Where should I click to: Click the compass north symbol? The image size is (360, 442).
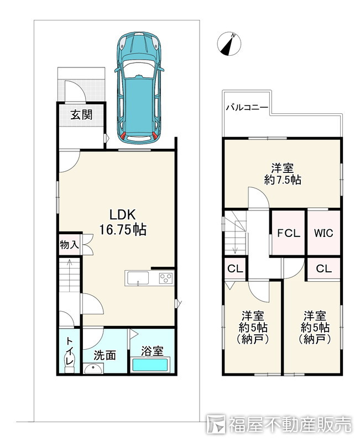pos(229,44)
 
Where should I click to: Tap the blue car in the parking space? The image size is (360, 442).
pos(139,88)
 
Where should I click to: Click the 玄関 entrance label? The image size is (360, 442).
pos(81,115)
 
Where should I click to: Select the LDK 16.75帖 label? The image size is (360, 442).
pos(123,222)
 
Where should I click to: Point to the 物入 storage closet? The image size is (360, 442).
pos(70,245)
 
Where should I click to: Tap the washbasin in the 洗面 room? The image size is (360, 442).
pos(93,369)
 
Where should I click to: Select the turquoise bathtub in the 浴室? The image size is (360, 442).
pos(150,365)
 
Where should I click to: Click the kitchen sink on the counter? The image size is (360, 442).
pos(138,278)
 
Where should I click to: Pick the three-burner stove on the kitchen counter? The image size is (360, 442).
pos(166,278)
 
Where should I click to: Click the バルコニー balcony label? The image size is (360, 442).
pos(247,107)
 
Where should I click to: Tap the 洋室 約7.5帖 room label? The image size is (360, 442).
pos(283,174)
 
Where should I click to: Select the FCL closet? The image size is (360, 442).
pos(288,233)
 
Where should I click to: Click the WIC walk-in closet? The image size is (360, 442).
pos(324,233)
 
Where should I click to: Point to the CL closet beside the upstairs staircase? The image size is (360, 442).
pos(235,269)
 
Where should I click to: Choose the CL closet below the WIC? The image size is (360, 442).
pos(324,269)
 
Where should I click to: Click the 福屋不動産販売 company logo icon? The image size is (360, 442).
pos(216,424)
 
